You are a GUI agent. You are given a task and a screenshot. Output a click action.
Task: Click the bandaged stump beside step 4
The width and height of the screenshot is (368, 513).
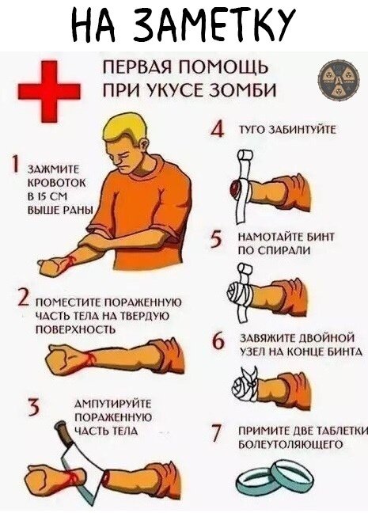click(238, 188)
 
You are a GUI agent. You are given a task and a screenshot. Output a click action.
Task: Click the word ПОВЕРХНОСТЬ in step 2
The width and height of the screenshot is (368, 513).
click(70, 329)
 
